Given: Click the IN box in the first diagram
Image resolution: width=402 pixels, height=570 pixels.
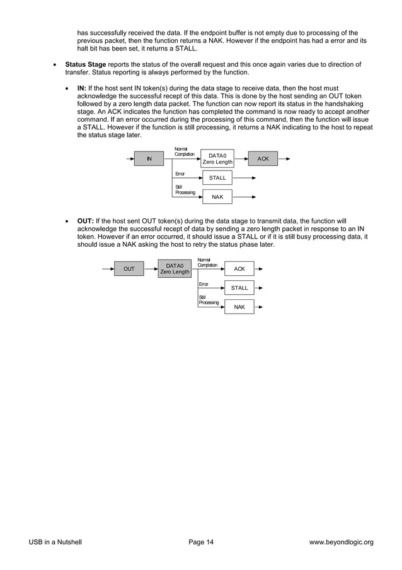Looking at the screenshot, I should pos(149,159).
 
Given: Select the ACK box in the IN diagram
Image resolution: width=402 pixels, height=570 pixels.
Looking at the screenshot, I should pos(263,159).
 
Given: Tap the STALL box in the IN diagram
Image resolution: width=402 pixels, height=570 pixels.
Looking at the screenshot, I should pos(217,178).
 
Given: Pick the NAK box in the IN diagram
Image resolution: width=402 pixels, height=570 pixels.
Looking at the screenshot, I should pos(217,197).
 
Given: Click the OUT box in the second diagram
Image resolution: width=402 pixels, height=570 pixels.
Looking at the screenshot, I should pos(129,270).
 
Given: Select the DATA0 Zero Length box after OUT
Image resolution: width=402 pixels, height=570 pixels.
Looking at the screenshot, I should pos(175,270).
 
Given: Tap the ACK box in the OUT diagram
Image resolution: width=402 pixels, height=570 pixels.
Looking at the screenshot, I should pos(239,269).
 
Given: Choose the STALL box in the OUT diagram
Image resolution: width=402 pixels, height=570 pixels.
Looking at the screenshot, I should pos(239,288).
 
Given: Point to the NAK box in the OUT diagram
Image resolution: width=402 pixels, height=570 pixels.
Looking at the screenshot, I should pos(239,307).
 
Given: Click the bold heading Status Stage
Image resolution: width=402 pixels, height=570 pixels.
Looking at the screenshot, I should pos(86,64).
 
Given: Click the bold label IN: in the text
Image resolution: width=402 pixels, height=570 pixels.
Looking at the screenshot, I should pos(81,88).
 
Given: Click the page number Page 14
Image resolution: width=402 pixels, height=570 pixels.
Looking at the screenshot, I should pos(201,542).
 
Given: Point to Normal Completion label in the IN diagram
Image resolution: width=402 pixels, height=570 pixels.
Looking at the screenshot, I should pos(185,151).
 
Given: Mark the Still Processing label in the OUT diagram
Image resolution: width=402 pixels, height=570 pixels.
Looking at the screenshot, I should pos(209,300).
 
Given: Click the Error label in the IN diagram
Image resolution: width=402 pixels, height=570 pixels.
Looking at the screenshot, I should pos(180,172).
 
